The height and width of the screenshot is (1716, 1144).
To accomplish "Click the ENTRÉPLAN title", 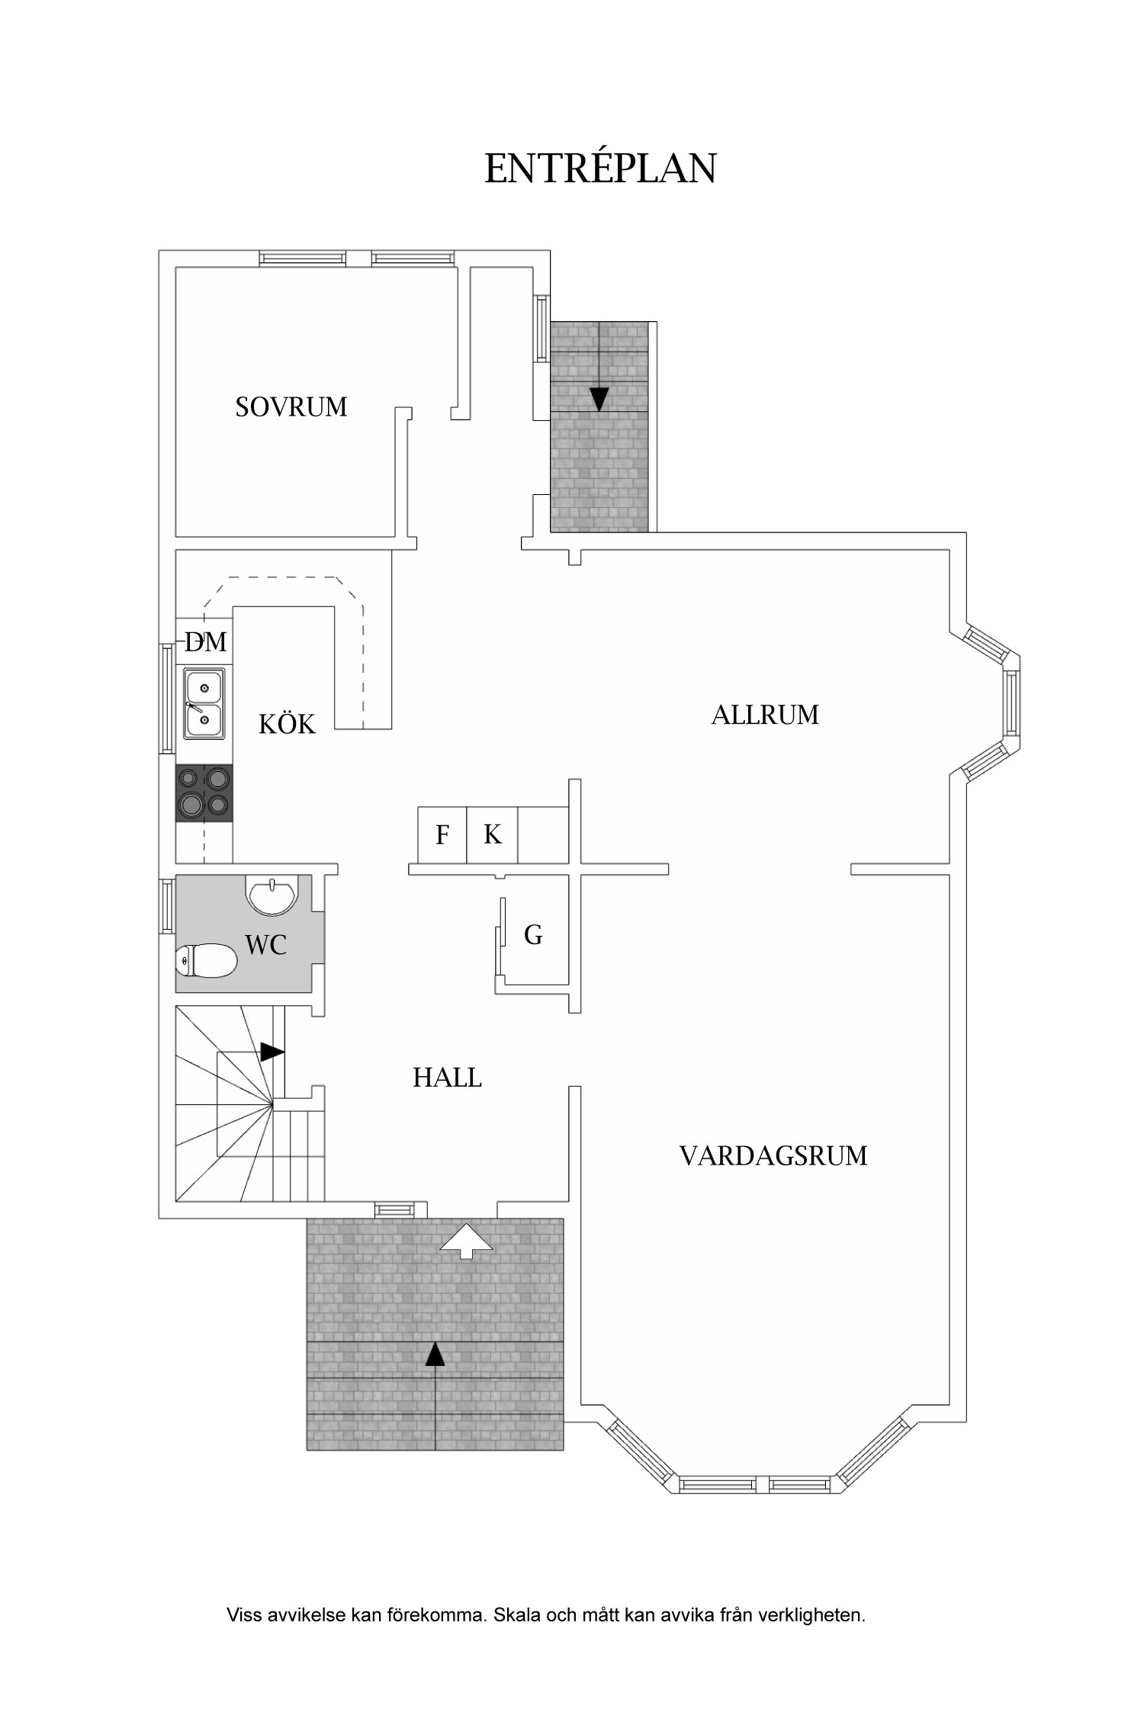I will [x=600, y=169].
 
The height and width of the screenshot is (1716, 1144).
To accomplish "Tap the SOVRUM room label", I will [x=291, y=407].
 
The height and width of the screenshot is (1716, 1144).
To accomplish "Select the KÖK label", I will [x=287, y=724].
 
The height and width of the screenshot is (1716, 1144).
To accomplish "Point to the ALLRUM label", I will [x=765, y=715].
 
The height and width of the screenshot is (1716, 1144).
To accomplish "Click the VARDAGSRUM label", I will [x=773, y=1155].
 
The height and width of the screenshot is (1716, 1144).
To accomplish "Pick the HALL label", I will [x=447, y=1078].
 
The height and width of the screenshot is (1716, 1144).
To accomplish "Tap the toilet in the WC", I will [x=206, y=960].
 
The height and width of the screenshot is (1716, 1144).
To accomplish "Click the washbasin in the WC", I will [x=272, y=896].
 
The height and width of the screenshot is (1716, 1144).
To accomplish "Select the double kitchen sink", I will [x=204, y=703].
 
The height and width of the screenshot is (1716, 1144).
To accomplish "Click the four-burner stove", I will [x=204, y=793].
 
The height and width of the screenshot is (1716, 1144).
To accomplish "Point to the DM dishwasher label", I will [x=206, y=642].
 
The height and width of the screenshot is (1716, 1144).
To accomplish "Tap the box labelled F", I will [x=442, y=835].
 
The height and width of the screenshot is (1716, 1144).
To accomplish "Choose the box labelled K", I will [x=493, y=834].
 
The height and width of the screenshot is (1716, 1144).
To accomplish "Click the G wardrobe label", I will [x=533, y=935].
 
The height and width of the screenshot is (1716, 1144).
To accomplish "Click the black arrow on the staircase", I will [x=272, y=1052].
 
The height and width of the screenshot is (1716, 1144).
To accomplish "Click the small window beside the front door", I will [x=394, y=1209].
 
